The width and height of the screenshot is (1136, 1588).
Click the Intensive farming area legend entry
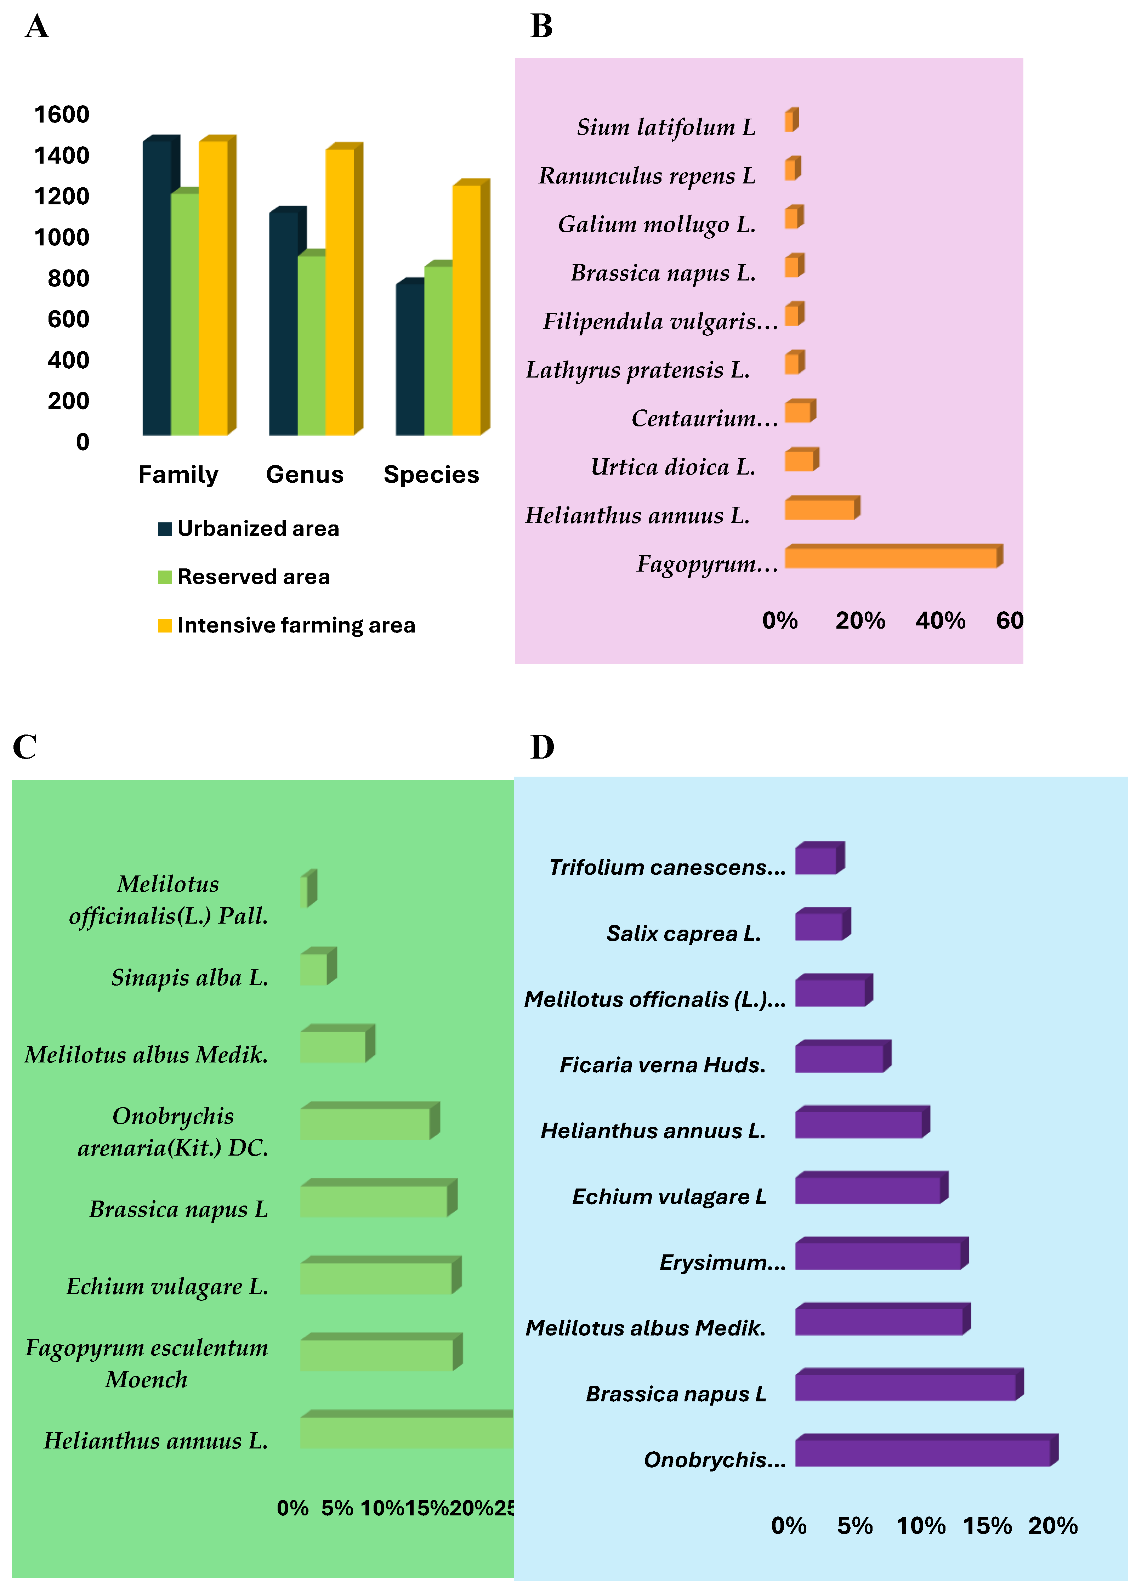point(287,625)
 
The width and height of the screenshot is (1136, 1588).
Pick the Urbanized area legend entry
point(249,528)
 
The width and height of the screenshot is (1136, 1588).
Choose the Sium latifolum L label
point(666,127)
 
